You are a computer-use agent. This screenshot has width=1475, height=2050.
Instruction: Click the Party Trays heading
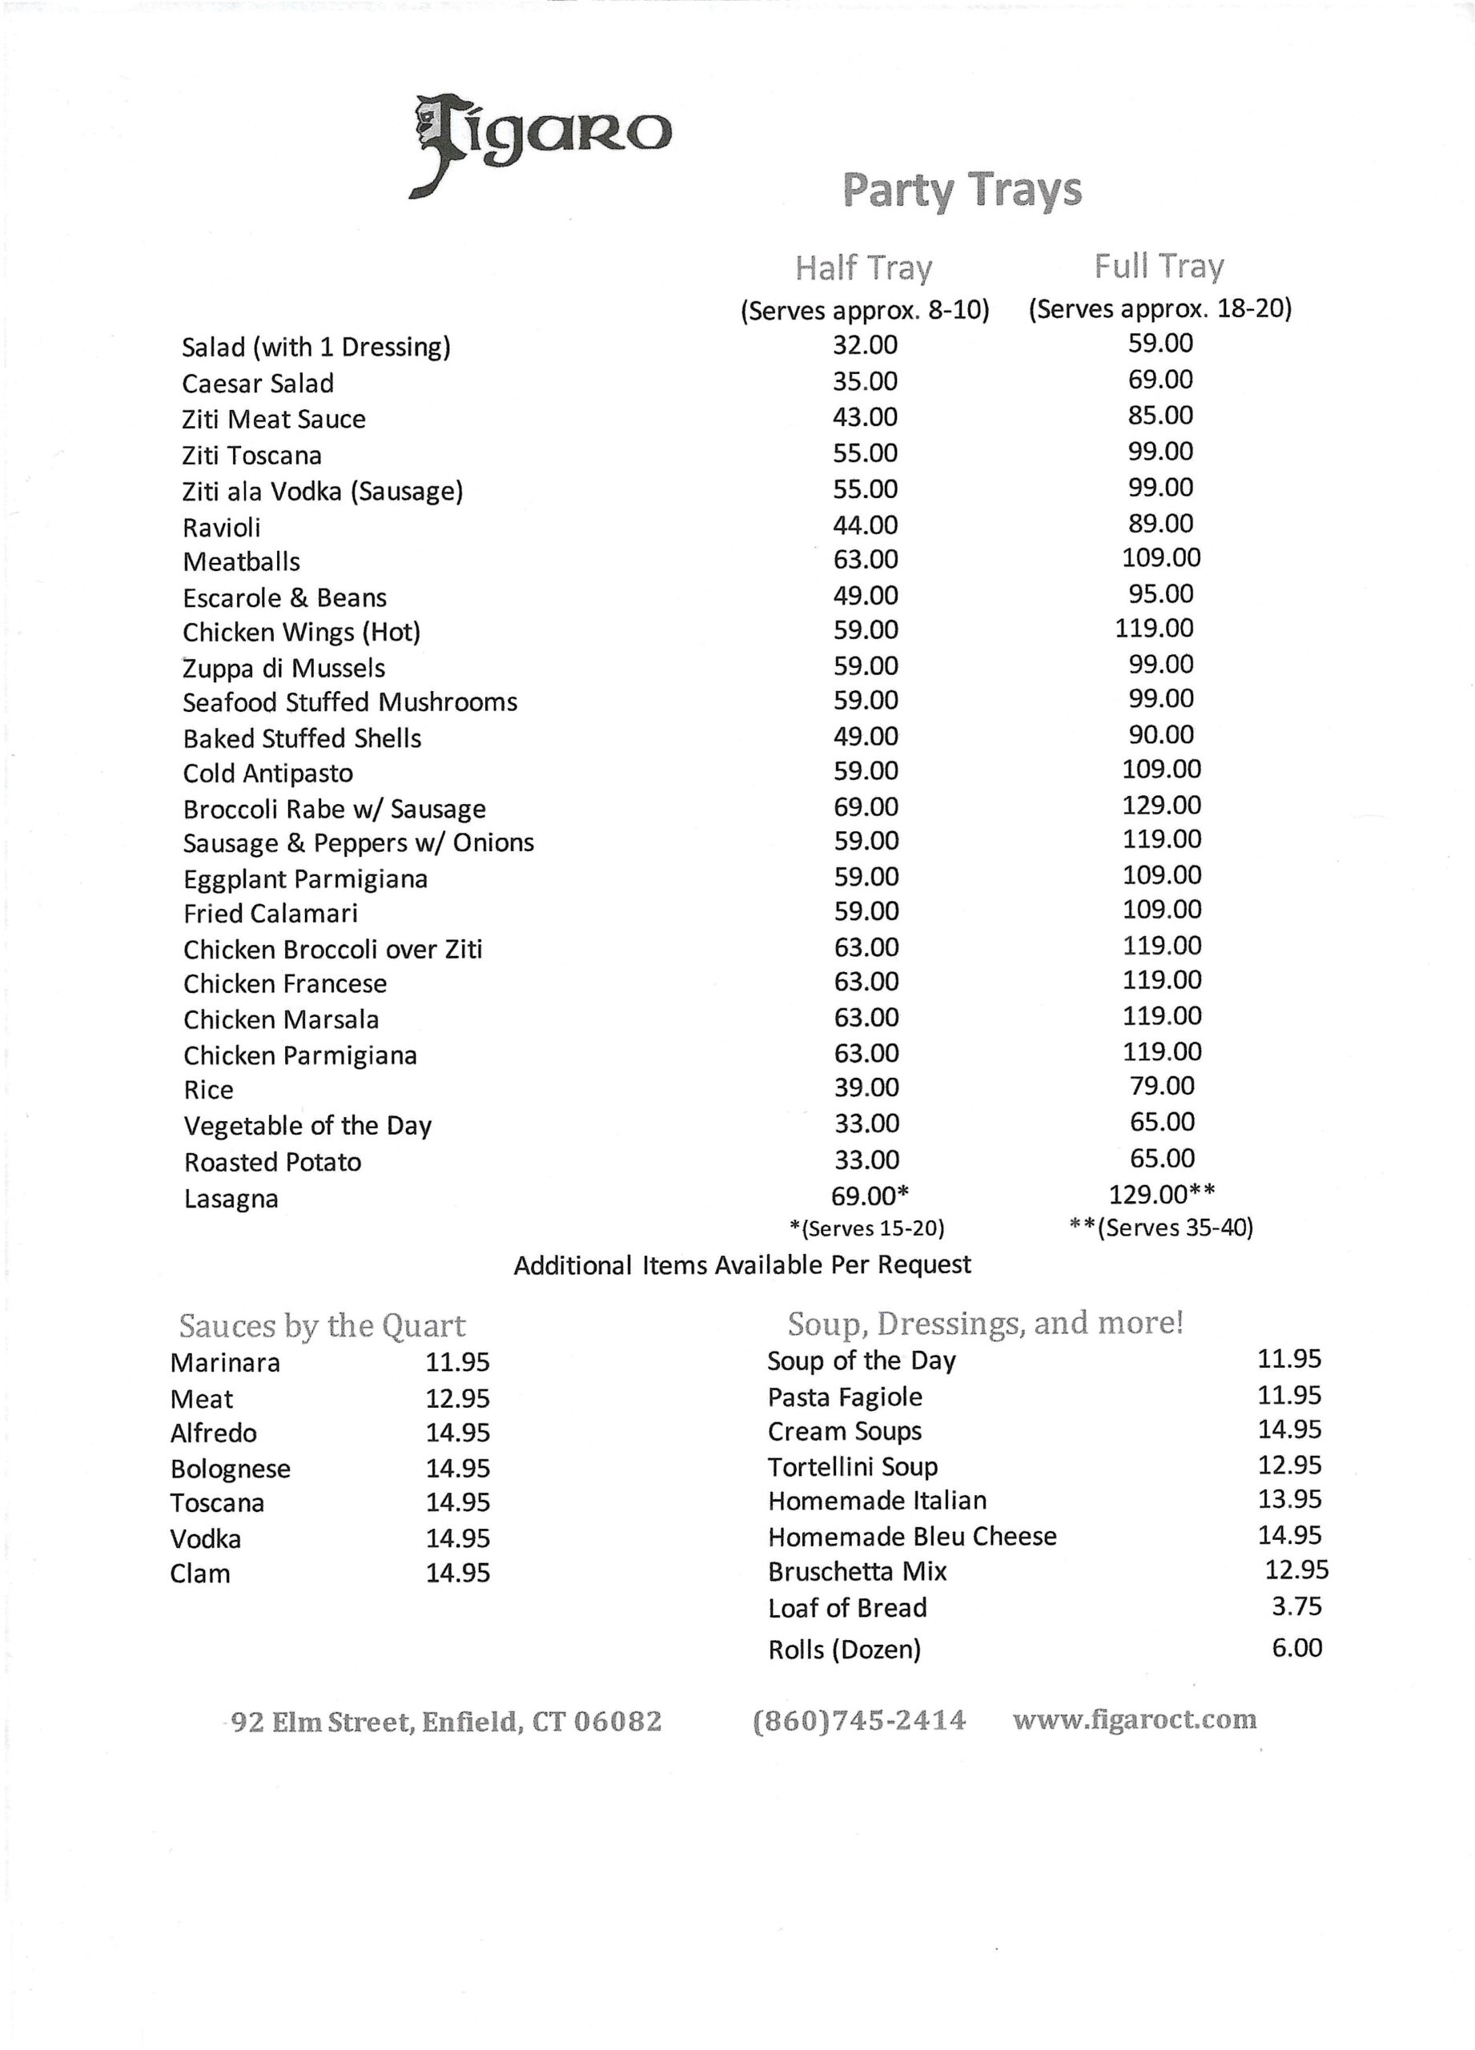(962, 191)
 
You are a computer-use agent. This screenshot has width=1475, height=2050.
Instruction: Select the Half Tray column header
(863, 267)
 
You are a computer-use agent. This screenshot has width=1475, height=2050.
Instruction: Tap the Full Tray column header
(1159, 266)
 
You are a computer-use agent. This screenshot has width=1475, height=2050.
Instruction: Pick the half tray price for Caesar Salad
(865, 381)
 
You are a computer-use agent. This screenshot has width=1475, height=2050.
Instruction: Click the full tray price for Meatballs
(1161, 557)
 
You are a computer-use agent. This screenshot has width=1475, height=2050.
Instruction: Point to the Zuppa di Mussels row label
(283, 668)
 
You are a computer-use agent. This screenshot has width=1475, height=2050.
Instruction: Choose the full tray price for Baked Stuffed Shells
(1161, 734)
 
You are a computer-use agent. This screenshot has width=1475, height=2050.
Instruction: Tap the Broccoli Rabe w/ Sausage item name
(335, 809)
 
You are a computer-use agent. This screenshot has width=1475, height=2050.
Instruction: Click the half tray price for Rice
(866, 1087)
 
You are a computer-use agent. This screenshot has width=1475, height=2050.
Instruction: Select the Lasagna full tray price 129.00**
(1161, 1194)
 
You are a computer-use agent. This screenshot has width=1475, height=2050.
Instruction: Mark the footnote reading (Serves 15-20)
(866, 1228)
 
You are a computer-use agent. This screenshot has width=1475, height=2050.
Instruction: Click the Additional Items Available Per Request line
(742, 1264)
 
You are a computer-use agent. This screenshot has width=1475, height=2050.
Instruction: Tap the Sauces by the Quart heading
(322, 1326)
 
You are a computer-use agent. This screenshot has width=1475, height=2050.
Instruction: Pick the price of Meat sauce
(457, 1398)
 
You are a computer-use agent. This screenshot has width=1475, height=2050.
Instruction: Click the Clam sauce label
(199, 1574)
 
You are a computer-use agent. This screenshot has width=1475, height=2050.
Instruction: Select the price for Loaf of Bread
(1296, 1606)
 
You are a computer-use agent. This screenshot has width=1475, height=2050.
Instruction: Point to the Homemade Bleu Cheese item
(912, 1536)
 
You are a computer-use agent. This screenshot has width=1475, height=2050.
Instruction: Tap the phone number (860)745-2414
(858, 1719)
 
